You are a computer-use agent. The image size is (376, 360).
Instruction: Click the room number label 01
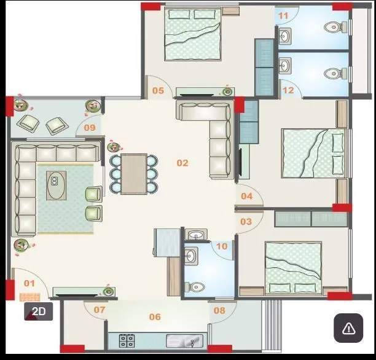(x=29, y=283)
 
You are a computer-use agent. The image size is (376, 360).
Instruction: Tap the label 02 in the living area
(x=182, y=163)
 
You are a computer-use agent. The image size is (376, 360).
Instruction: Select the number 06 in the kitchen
(x=155, y=317)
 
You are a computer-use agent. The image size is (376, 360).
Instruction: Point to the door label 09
(x=90, y=128)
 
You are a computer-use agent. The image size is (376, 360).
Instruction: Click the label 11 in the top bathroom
(x=283, y=15)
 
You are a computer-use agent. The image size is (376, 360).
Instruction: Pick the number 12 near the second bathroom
(x=288, y=91)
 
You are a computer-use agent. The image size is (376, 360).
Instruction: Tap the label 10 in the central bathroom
(x=222, y=246)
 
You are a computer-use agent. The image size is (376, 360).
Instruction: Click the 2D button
(x=39, y=311)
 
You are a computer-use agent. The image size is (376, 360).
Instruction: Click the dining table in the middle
(x=134, y=174)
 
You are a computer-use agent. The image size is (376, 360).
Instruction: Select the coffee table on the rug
(x=55, y=184)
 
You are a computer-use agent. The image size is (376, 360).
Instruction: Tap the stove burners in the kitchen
(x=127, y=340)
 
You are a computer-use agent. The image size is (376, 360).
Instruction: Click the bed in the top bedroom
(x=194, y=35)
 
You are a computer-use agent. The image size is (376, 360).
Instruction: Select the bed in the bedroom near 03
(x=293, y=267)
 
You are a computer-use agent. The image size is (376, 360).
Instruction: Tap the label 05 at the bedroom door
(x=158, y=91)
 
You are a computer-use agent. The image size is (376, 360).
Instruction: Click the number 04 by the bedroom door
(x=246, y=197)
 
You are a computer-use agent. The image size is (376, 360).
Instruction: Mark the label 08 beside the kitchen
(x=219, y=310)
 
